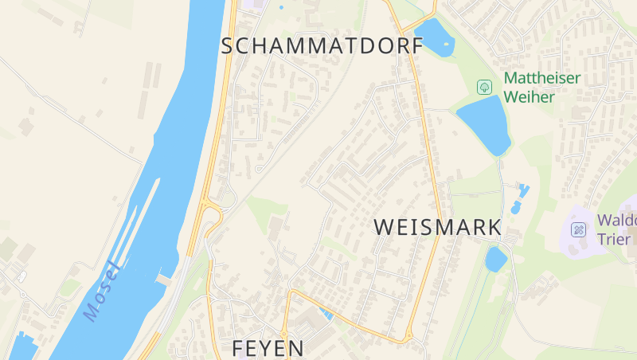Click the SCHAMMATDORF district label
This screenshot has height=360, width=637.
pyautogui.click(x=322, y=46)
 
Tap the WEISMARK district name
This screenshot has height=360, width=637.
pyautogui.click(x=438, y=227)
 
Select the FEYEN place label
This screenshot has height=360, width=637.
pyautogui.click(x=268, y=348)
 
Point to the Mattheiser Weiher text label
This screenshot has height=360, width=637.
pyautogui.click(x=541, y=87)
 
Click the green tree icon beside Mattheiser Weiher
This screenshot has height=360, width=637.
pyautogui.click(x=483, y=86)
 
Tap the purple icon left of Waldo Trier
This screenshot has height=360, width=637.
pyautogui.click(x=579, y=230)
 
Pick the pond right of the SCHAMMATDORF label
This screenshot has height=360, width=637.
pyautogui.click(x=433, y=37)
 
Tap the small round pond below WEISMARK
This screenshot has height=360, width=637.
pyautogui.click(x=495, y=259)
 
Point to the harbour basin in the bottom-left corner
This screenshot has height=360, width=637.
pyautogui.click(x=22, y=347)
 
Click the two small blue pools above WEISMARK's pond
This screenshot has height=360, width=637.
pyautogui.click(x=520, y=196)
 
